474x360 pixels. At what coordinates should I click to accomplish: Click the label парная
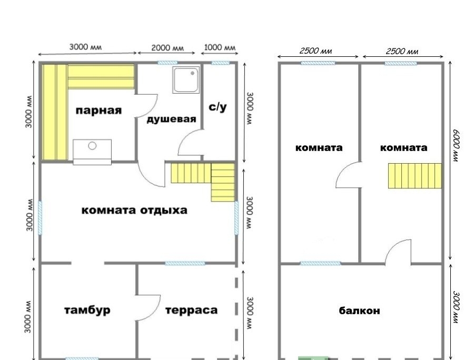pyautogui.click(x=98, y=111)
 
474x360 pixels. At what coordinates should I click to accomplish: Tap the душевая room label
pyautogui.click(x=171, y=119)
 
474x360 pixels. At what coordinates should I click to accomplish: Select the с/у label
pyautogui.click(x=218, y=107)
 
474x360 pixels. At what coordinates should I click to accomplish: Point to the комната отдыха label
pyautogui.click(x=134, y=210)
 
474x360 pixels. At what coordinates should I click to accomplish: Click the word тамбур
pyautogui.click(x=87, y=311)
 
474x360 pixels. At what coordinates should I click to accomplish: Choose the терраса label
pyautogui.click(x=192, y=311)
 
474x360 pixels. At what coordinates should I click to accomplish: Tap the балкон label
pyautogui.click(x=359, y=311)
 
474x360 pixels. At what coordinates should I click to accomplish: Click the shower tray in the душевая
pyautogui.click(x=186, y=79)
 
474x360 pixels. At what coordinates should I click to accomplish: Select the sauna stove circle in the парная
pyautogui.click(x=92, y=146)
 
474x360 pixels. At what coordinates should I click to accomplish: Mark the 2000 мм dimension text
pyautogui.click(x=167, y=48)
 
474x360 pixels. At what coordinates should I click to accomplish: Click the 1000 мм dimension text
pyautogui.click(x=220, y=48)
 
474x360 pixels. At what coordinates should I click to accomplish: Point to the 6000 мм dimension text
pyautogui.click(x=456, y=146)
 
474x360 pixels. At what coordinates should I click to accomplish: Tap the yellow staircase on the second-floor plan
pyautogui.click(x=415, y=176)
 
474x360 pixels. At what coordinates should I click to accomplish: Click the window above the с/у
pyautogui.click(x=220, y=63)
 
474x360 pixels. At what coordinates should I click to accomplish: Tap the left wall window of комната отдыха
pyautogui.click(x=40, y=218)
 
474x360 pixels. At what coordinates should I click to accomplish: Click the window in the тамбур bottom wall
pyautogui.click(x=82, y=358)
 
